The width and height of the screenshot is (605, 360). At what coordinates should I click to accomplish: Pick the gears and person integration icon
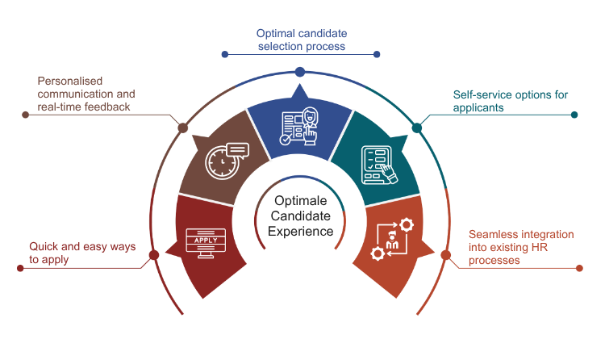tap(391, 239)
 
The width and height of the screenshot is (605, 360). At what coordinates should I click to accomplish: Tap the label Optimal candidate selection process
tap(301, 40)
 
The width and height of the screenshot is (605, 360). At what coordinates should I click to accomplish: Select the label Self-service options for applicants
tap(510, 100)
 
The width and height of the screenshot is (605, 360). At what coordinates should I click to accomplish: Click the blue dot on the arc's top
tap(300, 72)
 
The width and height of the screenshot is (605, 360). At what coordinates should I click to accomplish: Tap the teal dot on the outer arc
tap(417, 128)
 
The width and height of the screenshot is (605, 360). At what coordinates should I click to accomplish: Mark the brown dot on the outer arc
tap(183, 128)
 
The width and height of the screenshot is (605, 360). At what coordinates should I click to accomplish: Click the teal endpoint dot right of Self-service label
tap(574, 115)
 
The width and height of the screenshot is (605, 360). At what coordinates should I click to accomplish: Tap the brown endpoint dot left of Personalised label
tap(26, 115)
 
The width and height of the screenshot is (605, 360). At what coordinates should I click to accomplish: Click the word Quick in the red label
tap(42, 246)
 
